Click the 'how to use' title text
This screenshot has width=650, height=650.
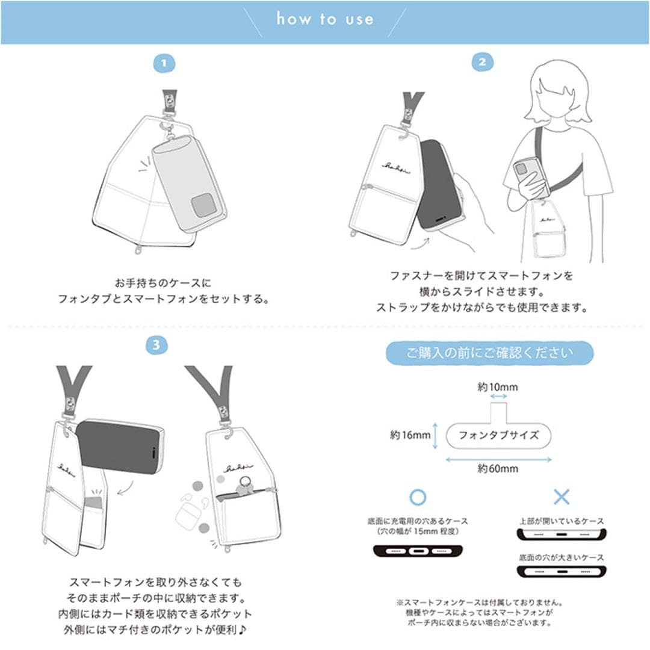pos(325,19)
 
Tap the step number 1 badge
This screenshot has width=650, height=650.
pos(164,63)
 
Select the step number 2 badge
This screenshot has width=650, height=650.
pos(482,62)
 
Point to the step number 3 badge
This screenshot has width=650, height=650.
pos(156,345)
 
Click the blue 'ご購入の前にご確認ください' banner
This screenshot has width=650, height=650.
pos(489,353)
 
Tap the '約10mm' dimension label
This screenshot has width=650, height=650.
pos(497,387)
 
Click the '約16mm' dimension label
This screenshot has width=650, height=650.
pos(410,435)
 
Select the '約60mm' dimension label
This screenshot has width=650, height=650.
pos(498,469)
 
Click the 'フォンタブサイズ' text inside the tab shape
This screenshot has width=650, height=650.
pos(498,435)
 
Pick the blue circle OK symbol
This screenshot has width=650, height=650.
pos(417,497)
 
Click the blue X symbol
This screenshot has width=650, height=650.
pos(561,497)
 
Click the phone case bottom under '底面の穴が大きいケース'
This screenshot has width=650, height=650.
pos(561,571)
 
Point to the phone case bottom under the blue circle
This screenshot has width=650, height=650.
pos(418,550)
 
